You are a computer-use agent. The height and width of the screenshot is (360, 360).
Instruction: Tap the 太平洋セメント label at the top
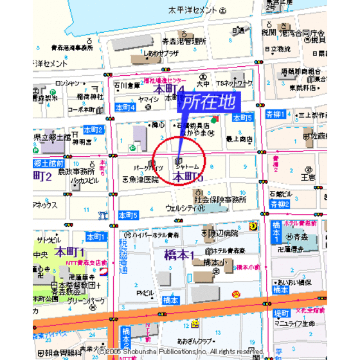(192, 11)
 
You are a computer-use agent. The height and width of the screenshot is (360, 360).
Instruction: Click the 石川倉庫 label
(127, 84)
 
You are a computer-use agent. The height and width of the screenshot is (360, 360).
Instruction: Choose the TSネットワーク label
(234, 84)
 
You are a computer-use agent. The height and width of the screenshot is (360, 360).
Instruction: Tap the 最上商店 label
(239, 138)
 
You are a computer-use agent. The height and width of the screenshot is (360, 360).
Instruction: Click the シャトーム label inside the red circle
(187, 166)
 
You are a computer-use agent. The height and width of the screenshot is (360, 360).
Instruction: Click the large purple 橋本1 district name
(175, 255)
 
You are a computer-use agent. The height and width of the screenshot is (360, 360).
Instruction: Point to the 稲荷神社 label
(90, 96)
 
